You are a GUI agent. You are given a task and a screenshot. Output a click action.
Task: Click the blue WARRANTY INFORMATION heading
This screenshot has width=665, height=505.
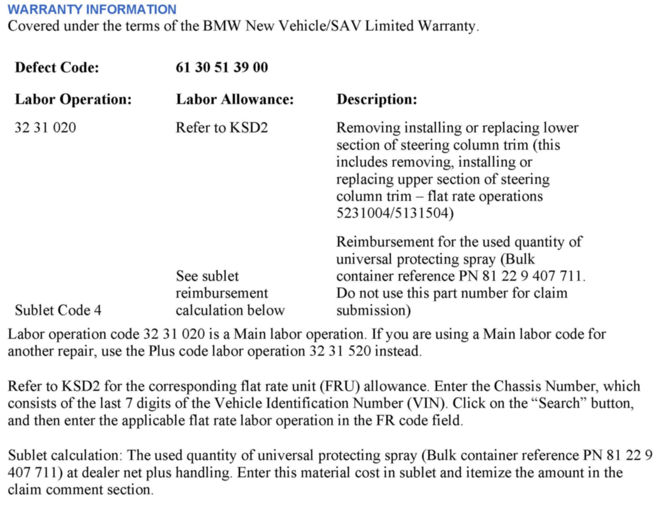pos(92,9)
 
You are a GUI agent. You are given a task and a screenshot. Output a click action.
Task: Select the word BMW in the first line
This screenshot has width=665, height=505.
pos(221,26)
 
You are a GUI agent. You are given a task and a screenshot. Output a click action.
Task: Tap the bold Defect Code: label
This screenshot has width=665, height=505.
pos(57,67)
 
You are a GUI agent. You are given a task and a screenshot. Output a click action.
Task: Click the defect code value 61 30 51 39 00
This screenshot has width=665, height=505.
pos(222,67)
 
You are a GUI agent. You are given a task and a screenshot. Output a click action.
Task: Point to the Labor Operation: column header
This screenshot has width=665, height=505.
pos(73,99)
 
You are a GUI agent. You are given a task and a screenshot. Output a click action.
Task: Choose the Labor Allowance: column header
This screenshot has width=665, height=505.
pos(235,99)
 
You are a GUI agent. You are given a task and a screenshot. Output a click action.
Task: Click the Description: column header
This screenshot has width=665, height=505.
pos(377,99)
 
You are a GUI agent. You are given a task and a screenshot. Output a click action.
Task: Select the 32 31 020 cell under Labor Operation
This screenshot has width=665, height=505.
pos(45,128)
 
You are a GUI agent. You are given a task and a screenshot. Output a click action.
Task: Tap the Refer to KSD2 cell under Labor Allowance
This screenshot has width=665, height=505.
pos(222,128)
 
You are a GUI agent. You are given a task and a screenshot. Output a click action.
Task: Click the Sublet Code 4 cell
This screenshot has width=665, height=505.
pos(58,310)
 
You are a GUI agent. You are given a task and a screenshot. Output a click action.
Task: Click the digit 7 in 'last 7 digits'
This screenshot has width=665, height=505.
pos(129,404)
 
